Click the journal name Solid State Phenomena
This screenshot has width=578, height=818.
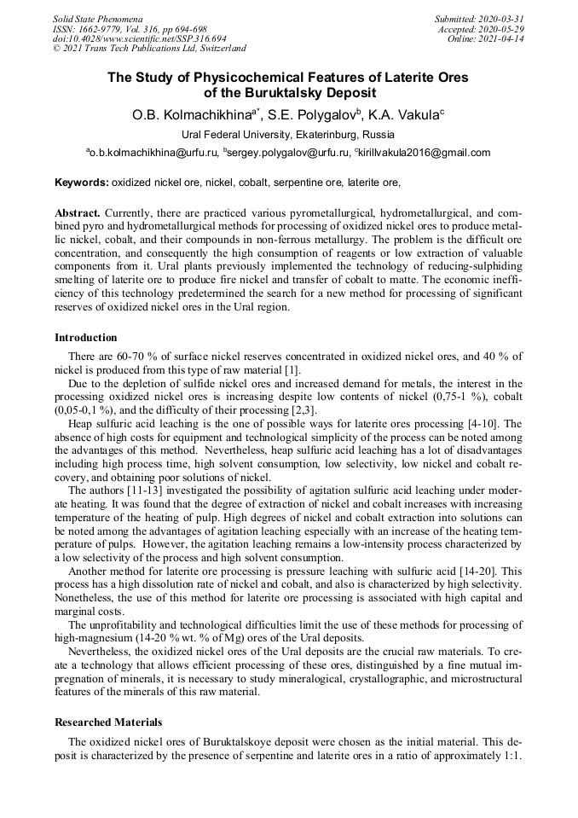[97, 18]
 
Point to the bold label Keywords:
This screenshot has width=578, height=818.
[82, 183]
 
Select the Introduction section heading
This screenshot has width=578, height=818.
[86, 338]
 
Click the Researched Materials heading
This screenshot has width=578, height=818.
[108, 722]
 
